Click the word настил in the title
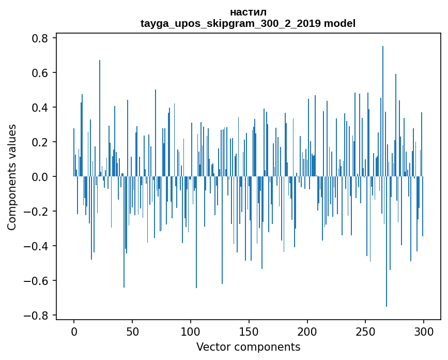248,12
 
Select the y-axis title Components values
12,177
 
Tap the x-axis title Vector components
248,347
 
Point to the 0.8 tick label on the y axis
40,38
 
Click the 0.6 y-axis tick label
40,73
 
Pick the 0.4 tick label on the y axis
40,108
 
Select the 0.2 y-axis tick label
40,142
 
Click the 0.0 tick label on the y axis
40,177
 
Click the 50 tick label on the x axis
132,331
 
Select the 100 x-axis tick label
191,331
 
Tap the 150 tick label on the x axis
249,331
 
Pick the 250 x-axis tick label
365,331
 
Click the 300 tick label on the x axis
424,331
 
